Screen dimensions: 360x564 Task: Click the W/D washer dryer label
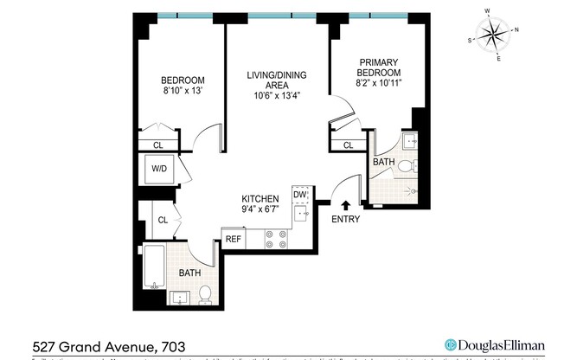click(x=158, y=170)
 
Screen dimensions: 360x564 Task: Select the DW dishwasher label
click(x=299, y=196)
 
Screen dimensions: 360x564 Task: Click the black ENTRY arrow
click(x=346, y=206)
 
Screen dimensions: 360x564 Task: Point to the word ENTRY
click(x=346, y=219)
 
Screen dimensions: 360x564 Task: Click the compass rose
click(x=494, y=35)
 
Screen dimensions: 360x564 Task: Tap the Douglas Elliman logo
click(x=492, y=342)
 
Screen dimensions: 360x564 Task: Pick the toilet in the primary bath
click(x=413, y=166)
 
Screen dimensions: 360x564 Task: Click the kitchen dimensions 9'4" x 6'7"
click(x=260, y=209)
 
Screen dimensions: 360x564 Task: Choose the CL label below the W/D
click(x=161, y=221)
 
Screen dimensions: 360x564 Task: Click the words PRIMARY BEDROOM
click(x=379, y=67)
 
